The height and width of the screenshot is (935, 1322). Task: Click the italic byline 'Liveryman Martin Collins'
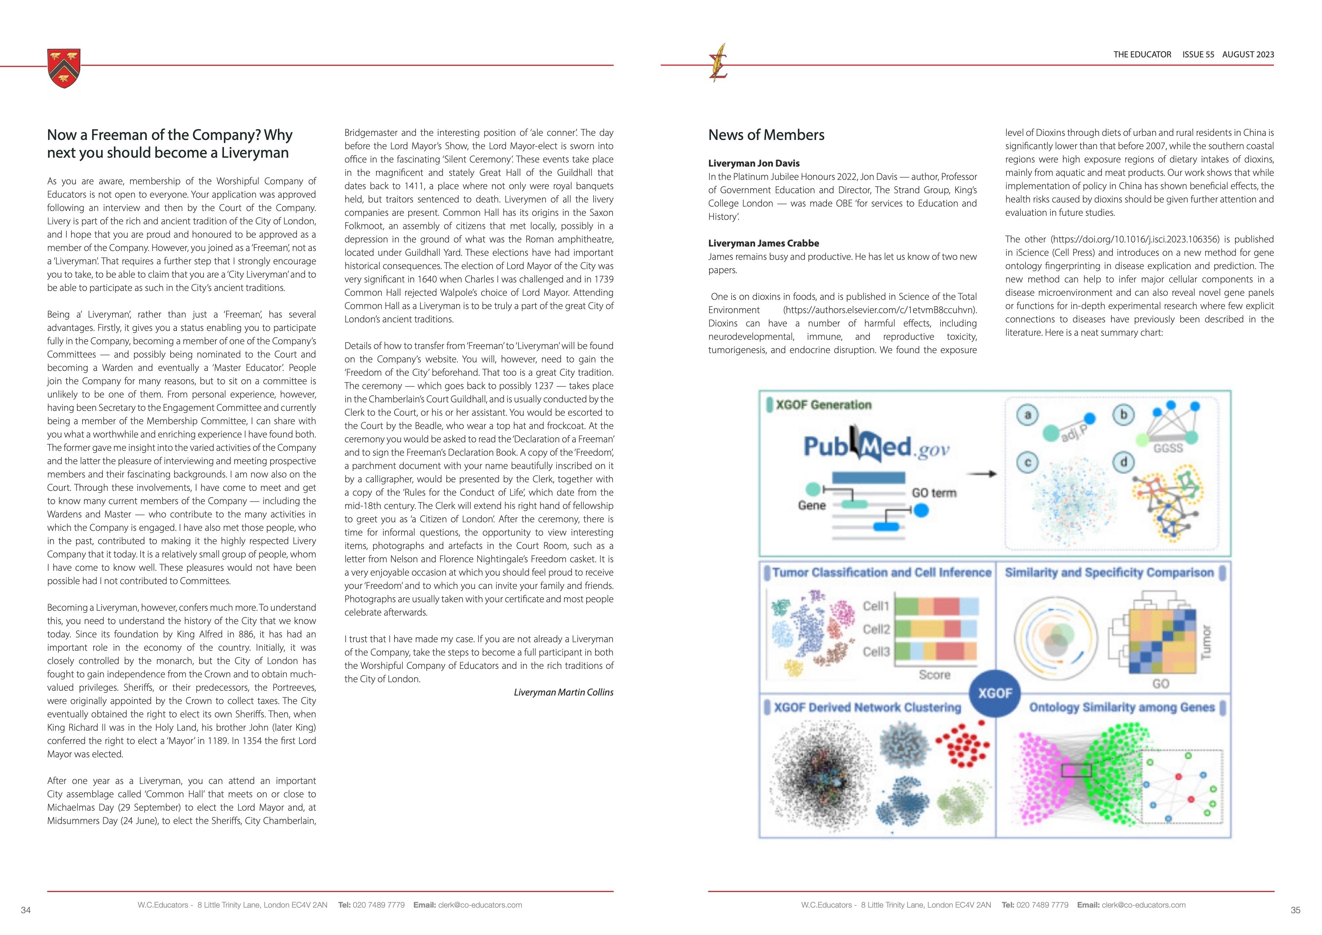tap(563, 693)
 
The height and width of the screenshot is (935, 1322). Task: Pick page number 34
tap(25, 910)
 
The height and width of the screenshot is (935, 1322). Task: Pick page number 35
tap(1295, 910)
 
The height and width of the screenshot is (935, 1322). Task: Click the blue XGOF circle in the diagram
tap(995, 693)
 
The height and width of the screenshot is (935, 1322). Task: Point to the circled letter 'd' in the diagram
tap(1123, 462)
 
